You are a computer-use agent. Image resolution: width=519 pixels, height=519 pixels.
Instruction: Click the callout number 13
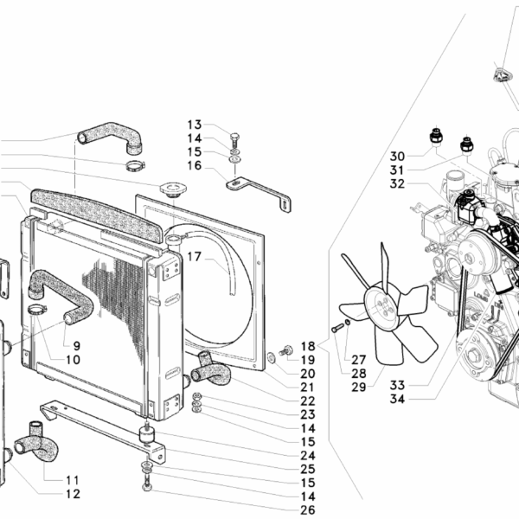pos(194,125)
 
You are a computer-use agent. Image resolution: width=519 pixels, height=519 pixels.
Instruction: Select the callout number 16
pos(194,165)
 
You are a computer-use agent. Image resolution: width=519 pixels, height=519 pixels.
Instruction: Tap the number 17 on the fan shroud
pos(194,257)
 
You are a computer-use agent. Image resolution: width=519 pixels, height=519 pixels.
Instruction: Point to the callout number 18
pos(308,345)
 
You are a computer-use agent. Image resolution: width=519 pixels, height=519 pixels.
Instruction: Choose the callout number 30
pos(397,157)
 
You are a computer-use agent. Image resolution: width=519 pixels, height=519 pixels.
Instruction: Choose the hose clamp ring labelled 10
pos(35,309)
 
